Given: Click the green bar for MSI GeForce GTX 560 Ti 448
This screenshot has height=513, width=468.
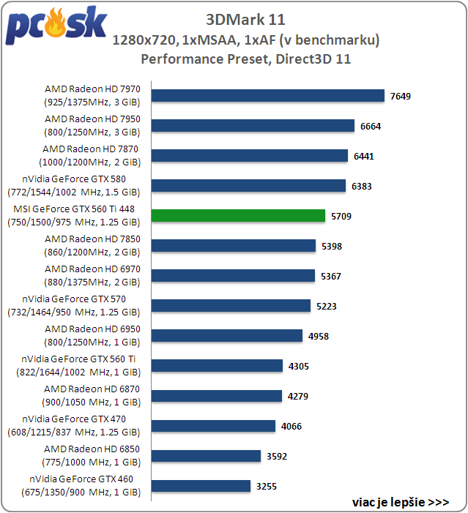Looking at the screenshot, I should click(x=238, y=216).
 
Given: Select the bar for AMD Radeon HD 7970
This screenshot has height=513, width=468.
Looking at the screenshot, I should click(x=268, y=96).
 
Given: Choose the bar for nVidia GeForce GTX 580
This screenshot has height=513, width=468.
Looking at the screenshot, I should click(x=248, y=186).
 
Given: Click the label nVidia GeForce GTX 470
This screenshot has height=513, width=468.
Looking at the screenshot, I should click(x=81, y=419).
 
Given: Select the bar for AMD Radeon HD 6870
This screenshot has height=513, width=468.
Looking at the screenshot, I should click(x=217, y=396).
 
